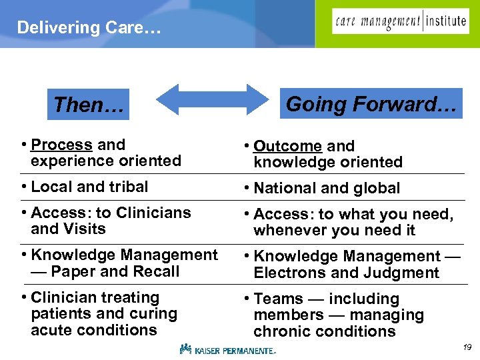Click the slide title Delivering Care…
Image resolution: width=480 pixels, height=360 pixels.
(x=89, y=27)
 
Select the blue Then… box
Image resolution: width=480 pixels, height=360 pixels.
(x=89, y=105)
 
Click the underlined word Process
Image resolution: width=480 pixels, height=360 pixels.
(x=61, y=145)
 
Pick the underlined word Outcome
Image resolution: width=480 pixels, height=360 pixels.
(x=287, y=146)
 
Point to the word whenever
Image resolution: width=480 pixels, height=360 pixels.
(x=288, y=230)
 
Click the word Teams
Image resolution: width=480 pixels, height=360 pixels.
(x=279, y=299)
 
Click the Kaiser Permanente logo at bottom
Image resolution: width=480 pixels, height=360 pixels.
(x=227, y=349)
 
